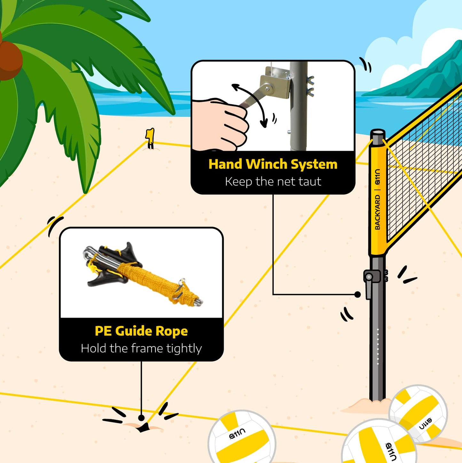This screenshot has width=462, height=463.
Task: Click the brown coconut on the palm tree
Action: coord(10,60)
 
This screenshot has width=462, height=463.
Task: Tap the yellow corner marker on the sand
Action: coord(150,138)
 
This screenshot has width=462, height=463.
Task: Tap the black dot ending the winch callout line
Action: coord(358,294)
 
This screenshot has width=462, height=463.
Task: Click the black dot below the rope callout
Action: coord(141,418)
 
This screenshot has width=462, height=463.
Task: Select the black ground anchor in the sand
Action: coord(144,428)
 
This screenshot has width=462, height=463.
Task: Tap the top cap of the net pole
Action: coord(378,132)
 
